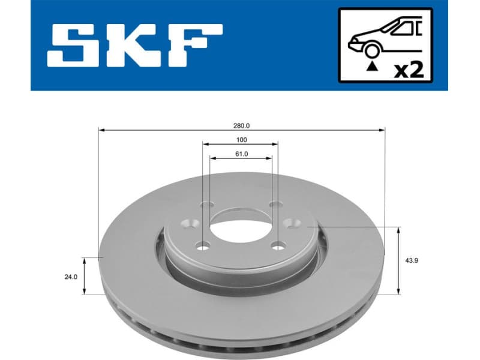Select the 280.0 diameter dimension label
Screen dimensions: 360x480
click(x=241, y=125)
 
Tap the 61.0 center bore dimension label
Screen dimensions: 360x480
click(x=241, y=154)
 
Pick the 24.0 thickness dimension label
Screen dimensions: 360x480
click(x=71, y=277)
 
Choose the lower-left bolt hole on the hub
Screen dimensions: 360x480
click(x=203, y=245)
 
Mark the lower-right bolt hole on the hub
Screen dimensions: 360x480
click(x=278, y=245)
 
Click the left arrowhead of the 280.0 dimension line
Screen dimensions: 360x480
click(x=101, y=130)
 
